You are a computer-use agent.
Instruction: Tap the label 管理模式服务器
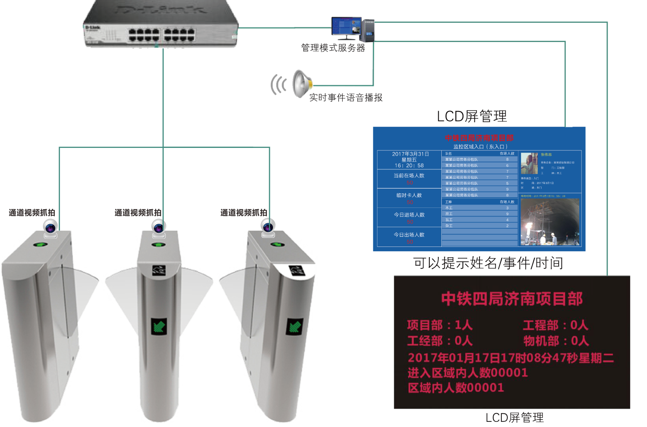click(333, 48)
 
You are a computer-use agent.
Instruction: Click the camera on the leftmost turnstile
click(51, 227)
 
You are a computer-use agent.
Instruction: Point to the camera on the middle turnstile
click(159, 227)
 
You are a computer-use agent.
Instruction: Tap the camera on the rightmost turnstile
click(269, 226)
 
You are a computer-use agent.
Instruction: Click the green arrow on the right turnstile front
click(295, 327)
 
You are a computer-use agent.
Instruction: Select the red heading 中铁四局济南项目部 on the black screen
click(512, 299)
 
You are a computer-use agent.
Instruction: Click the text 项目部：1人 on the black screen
click(439, 325)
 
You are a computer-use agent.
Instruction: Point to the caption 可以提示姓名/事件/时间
click(488, 263)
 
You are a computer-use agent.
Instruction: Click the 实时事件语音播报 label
click(346, 98)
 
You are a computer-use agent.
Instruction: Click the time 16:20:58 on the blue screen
click(409, 165)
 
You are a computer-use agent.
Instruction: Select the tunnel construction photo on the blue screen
click(550, 222)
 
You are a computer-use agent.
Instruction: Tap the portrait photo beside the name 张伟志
click(529, 163)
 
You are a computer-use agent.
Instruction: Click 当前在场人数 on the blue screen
click(409, 175)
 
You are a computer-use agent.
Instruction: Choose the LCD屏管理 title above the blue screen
click(472, 116)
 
